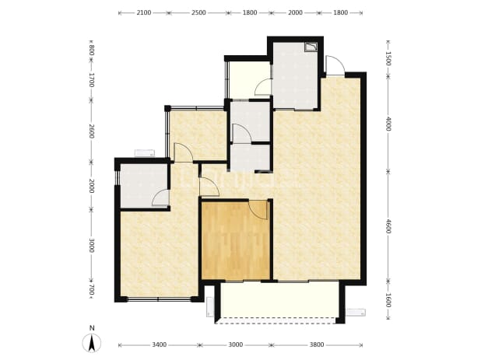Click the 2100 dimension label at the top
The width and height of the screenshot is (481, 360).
(x=144, y=12)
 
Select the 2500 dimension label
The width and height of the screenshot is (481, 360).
(x=198, y=12)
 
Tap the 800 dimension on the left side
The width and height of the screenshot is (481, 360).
(x=91, y=51)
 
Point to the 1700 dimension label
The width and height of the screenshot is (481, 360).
(x=91, y=80)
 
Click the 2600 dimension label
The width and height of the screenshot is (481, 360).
(x=91, y=131)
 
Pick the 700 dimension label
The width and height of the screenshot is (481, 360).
(x=91, y=290)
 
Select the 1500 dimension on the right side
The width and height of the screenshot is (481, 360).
(x=388, y=58)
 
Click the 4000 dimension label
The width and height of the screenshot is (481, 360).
(x=388, y=124)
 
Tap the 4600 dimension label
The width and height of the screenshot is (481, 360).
(x=388, y=226)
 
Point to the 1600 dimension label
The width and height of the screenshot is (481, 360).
(x=388, y=300)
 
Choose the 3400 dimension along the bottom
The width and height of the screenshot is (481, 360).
(x=160, y=345)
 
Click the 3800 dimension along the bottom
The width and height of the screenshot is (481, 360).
(x=317, y=345)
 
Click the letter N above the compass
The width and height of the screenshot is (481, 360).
(x=92, y=328)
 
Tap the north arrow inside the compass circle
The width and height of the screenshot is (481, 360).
(x=91, y=344)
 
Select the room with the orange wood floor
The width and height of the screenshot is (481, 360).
(x=236, y=239)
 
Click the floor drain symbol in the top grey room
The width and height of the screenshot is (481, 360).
(x=311, y=47)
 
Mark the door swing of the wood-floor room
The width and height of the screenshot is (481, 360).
(x=258, y=210)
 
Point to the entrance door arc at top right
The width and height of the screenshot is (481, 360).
(x=335, y=65)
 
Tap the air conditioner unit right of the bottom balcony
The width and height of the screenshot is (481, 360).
(x=356, y=313)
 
